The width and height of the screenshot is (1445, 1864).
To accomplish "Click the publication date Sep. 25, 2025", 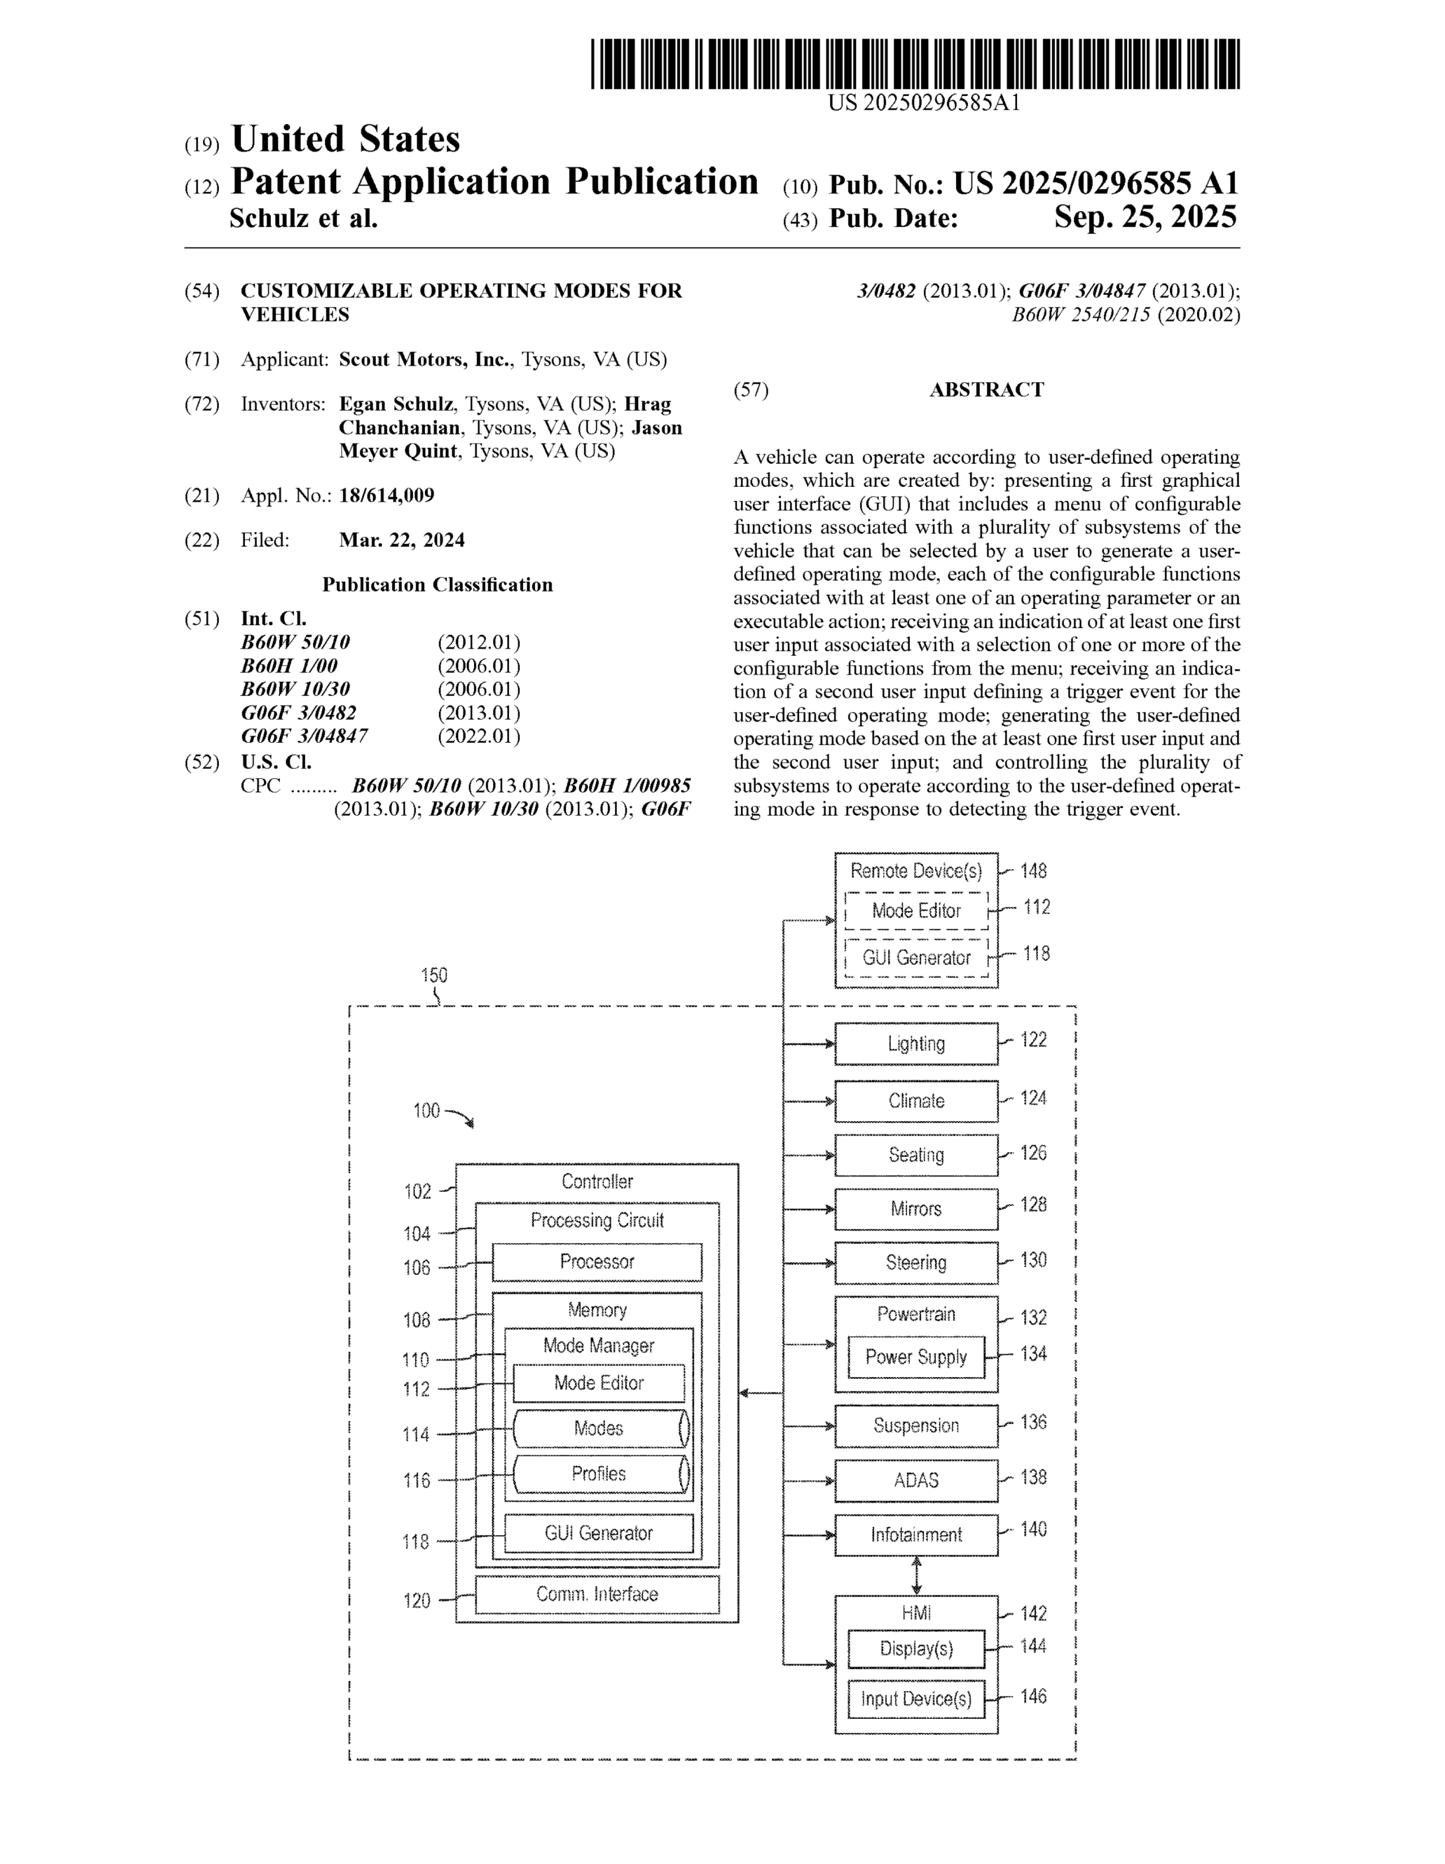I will click(x=1144, y=217).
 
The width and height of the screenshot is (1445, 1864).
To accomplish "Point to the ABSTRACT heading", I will click(x=986, y=390).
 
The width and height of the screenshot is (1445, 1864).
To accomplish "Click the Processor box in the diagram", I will click(x=597, y=1261).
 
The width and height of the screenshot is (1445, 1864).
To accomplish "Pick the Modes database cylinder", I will click(x=599, y=1429).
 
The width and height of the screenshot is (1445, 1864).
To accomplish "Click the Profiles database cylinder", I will click(x=599, y=1474).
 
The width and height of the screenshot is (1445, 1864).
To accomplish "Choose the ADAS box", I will click(x=916, y=1480).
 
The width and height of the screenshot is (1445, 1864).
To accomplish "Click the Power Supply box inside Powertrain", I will click(x=916, y=1357).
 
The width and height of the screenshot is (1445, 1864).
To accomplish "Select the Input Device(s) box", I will click(x=916, y=1698).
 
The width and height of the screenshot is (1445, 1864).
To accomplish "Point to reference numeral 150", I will click(x=434, y=975).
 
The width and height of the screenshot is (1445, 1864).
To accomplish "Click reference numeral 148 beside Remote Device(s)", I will click(x=1033, y=870).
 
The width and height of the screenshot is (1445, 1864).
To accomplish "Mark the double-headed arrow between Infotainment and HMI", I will click(x=916, y=1575).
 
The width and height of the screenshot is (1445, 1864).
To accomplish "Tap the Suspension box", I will click(x=916, y=1425).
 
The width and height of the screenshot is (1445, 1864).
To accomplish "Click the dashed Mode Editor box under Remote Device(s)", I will click(x=916, y=911).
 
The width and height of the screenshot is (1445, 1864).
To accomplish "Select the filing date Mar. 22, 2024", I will click(x=402, y=540).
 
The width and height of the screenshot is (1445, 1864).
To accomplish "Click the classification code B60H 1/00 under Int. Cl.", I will click(x=289, y=666).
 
